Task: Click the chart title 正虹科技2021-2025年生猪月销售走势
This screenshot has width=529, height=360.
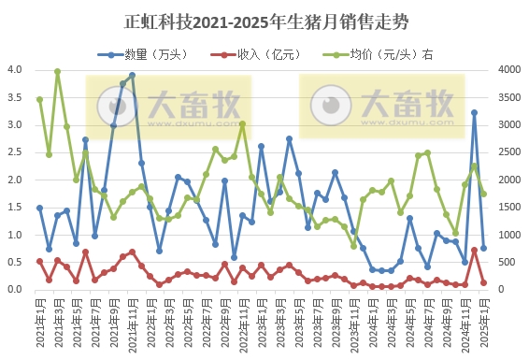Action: pyautogui.click(x=265, y=20)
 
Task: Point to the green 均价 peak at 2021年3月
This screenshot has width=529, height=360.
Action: pyautogui.click(x=58, y=71)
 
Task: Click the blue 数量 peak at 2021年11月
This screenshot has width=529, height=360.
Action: pyautogui.click(x=132, y=76)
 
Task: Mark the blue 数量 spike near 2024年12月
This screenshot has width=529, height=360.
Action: pyautogui.click(x=474, y=113)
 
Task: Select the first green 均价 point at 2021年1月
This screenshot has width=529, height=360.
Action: pyautogui.click(x=39, y=99)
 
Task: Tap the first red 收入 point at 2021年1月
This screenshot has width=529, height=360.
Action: pyautogui.click(x=39, y=261)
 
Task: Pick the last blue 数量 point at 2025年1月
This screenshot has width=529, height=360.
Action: pyautogui.click(x=483, y=248)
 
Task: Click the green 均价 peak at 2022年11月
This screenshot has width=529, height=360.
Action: pyautogui.click(x=242, y=123)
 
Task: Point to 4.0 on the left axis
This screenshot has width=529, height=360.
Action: pyautogui.click(x=16, y=70)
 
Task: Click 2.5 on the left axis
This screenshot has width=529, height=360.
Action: pyautogui.click(x=16, y=152)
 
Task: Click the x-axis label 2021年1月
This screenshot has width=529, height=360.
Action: pyautogui.click(x=40, y=324)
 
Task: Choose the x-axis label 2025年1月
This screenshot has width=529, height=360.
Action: pyautogui.click(x=483, y=324)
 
